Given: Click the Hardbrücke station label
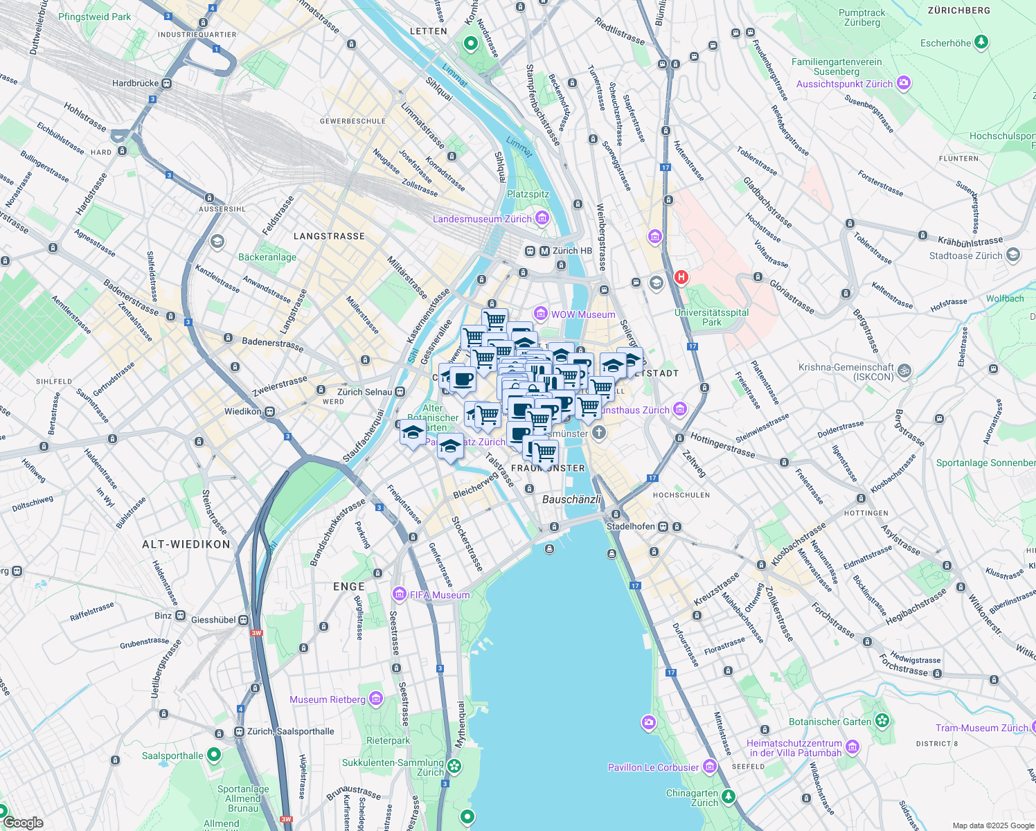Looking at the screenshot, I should point(136,84).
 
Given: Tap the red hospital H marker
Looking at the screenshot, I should point(681,278).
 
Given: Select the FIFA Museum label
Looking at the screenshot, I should point(440,595).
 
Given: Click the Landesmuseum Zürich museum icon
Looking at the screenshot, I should point(542,219).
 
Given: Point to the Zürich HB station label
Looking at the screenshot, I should point(572,251).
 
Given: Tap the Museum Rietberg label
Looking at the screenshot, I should point(327,699).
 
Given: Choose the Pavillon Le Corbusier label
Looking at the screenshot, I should point(653,767).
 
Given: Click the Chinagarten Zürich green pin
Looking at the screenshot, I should point(728,796).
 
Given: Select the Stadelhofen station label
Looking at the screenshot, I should point(630,526).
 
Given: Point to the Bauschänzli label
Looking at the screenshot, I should point(571,499).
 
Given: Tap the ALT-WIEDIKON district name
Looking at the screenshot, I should point(186,544).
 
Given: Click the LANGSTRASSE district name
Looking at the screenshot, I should point(329,236).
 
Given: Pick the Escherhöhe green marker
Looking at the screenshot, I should point(981,43).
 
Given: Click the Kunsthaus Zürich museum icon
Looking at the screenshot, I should point(680,410).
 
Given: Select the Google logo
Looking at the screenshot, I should point(24,823).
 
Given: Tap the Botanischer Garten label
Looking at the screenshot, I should point(830,722).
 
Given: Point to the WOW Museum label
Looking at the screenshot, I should point(582,314).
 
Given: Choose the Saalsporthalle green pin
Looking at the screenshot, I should point(214,754).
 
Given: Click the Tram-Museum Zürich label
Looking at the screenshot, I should point(981,728).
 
